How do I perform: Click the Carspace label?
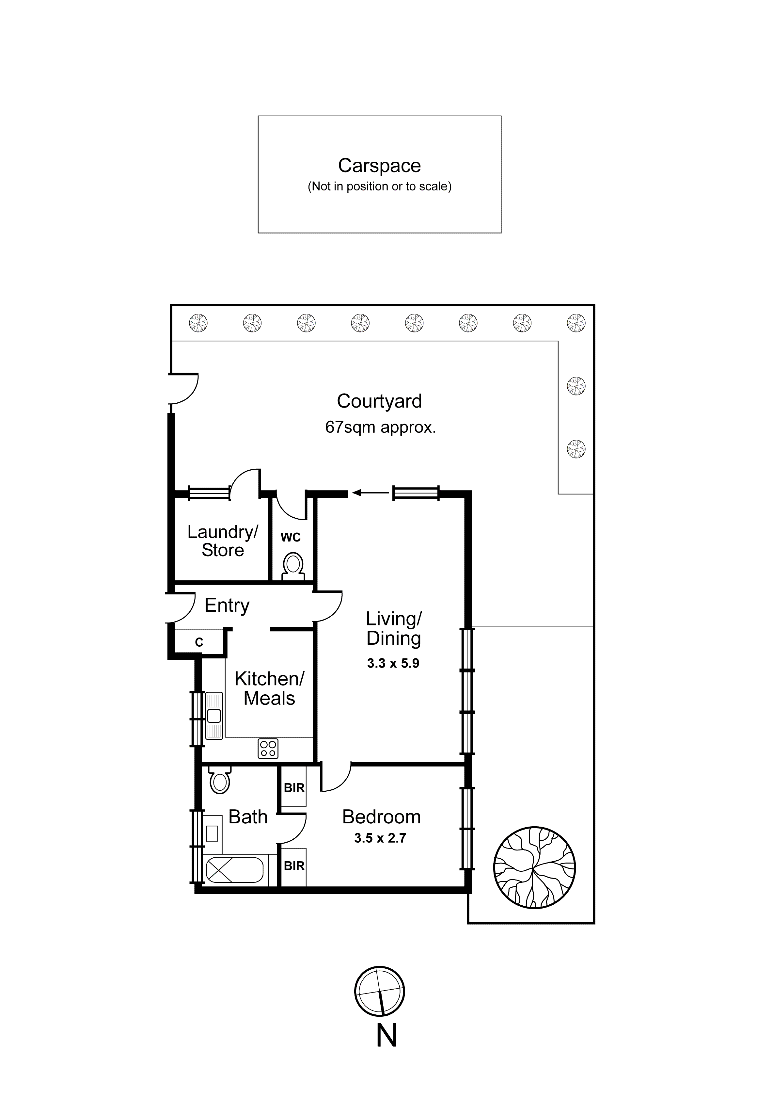[x=379, y=166]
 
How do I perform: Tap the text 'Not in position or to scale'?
[x=379, y=186]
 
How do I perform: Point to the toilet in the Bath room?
[x=220, y=780]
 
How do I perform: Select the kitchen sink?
[x=214, y=716]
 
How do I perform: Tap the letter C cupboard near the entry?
[x=199, y=642]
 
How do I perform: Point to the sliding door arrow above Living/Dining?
[x=370, y=493]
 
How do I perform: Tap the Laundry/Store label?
[x=222, y=541]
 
